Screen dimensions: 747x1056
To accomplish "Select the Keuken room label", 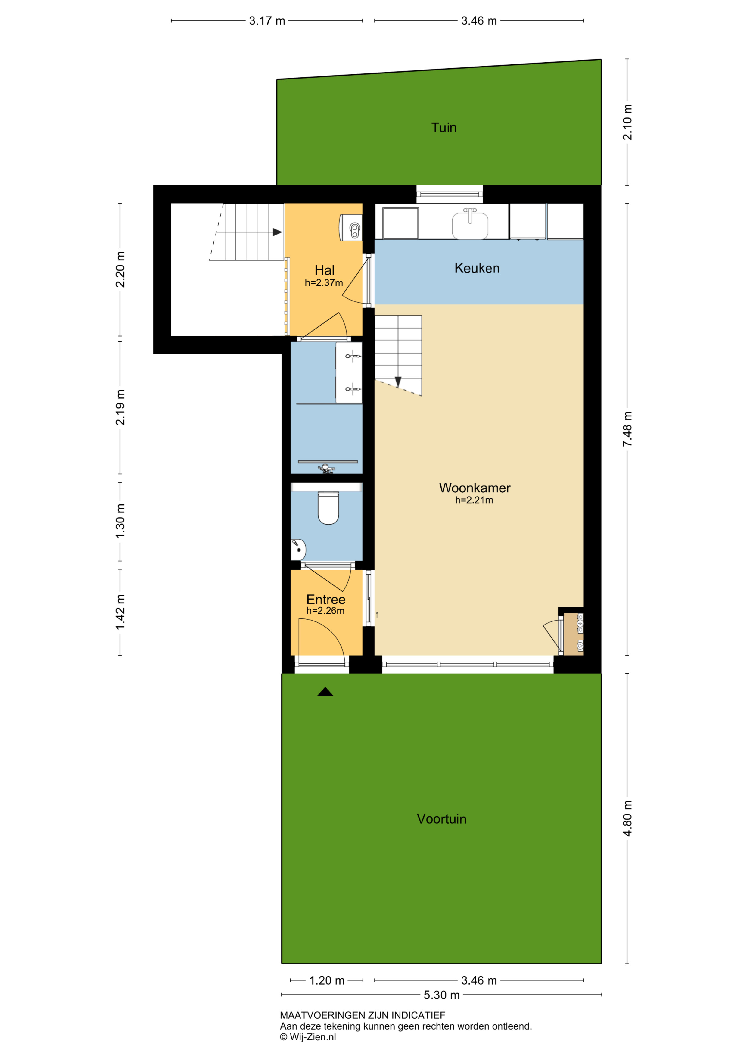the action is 477,268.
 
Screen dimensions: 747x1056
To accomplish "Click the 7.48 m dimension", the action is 627,429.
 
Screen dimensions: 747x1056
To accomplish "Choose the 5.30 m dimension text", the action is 442,995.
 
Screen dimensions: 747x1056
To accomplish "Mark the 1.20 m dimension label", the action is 327,980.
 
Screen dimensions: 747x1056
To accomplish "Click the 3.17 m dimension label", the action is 267,21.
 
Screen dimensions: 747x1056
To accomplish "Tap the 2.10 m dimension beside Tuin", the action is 627,122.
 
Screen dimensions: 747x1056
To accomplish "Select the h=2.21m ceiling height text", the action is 474,500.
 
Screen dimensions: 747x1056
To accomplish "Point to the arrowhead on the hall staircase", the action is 277,232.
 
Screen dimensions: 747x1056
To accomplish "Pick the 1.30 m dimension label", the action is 120,521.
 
